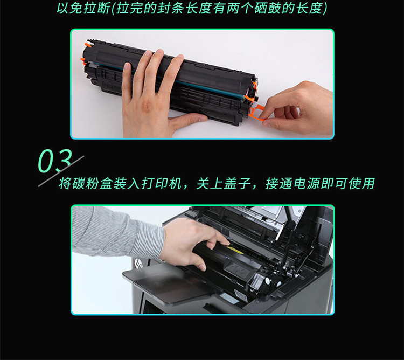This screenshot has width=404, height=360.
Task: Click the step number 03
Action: (54, 161)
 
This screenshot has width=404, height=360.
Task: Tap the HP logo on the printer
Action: (138, 264)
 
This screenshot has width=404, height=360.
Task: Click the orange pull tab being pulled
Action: (257, 113)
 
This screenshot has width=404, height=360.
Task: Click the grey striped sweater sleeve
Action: (116, 232)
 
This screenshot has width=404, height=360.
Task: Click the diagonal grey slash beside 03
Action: (61, 171)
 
